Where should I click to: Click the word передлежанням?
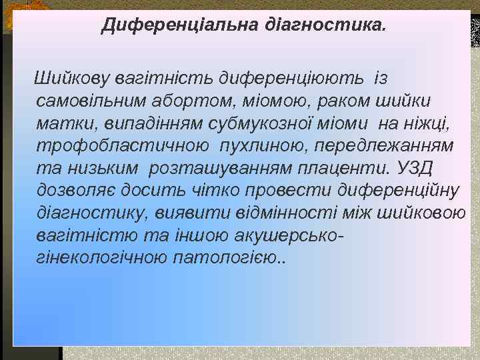pyautogui.click(x=384, y=146)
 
